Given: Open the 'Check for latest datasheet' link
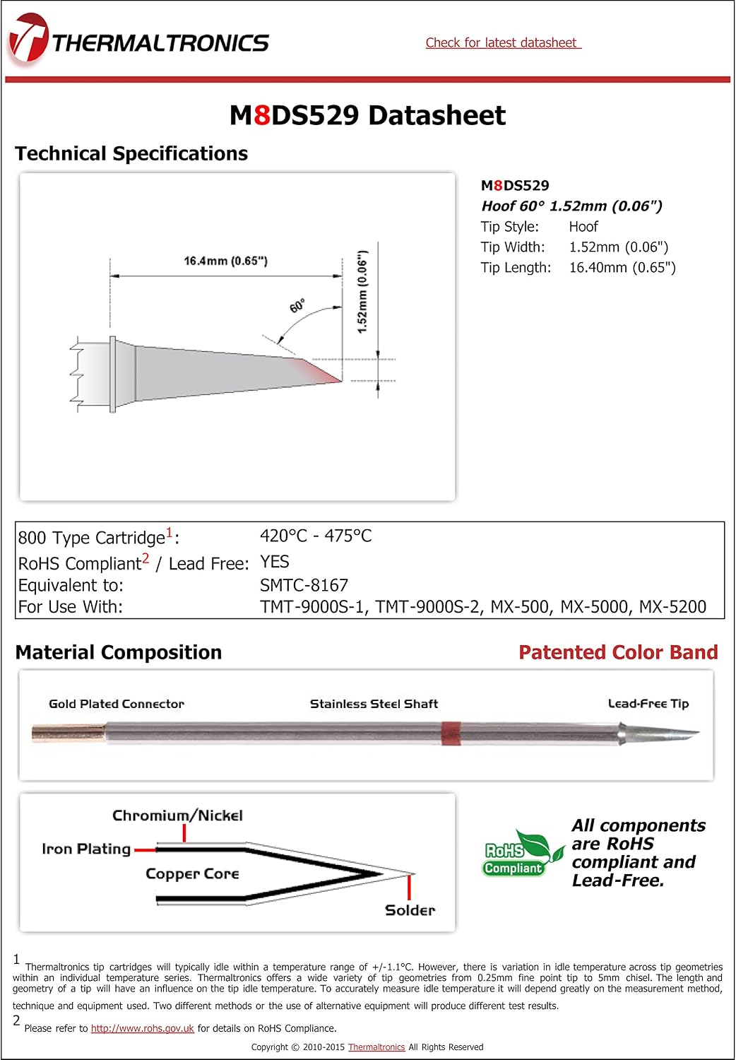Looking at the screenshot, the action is point(503,43).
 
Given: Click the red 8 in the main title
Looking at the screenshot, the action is point(261,115).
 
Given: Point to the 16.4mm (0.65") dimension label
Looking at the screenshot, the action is point(225,261).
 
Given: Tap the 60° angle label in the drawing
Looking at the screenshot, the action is point(297,306).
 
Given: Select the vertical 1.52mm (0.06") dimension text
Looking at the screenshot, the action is point(362,292).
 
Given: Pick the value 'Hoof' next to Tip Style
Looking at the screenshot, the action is point(583,227).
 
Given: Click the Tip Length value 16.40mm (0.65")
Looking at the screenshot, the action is point(622,268).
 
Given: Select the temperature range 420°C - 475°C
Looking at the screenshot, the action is point(316,536).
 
